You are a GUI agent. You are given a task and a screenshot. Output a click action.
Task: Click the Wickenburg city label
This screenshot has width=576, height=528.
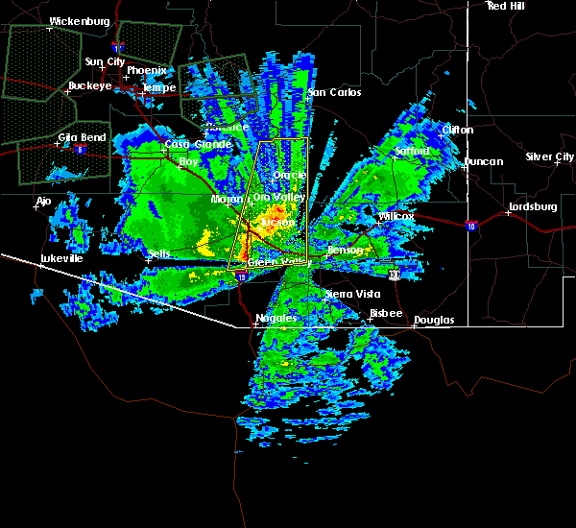click(x=80, y=20)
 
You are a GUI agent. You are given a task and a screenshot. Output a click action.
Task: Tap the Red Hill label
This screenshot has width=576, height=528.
click(x=506, y=6)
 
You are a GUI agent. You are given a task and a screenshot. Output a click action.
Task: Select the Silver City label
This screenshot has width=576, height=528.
click(x=550, y=156)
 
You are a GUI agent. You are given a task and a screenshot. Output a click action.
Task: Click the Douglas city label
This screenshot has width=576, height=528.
click(x=434, y=320)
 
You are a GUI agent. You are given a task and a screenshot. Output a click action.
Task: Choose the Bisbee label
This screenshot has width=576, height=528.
click(x=387, y=313)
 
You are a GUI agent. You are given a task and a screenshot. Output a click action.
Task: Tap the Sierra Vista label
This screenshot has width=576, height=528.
click(x=351, y=295)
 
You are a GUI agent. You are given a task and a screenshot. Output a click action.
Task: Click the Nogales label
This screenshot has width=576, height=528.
click(x=276, y=318)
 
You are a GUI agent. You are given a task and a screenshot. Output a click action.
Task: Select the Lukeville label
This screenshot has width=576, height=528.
click(x=61, y=258)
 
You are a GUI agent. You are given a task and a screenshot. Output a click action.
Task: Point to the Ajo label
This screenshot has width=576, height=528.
click(x=43, y=202)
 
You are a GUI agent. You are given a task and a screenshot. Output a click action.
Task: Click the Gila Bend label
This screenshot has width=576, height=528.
click(x=82, y=137)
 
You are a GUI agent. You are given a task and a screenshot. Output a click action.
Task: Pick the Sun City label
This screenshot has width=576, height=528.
click(x=105, y=61)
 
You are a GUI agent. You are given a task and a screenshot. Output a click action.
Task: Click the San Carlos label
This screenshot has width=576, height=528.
click(x=334, y=92)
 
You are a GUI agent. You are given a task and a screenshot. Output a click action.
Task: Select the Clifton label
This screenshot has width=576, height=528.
click(x=458, y=130)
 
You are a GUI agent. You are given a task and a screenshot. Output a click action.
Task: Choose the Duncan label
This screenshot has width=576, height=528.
click(x=483, y=161)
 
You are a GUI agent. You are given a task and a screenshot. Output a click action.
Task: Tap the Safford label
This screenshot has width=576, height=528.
click(x=414, y=152)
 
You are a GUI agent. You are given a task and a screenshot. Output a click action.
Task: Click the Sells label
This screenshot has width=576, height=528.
click(x=159, y=253)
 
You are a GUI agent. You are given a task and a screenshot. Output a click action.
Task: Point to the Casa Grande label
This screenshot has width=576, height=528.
click(x=198, y=144)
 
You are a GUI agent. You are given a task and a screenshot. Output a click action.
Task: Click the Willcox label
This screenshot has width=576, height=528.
click(x=396, y=216)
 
